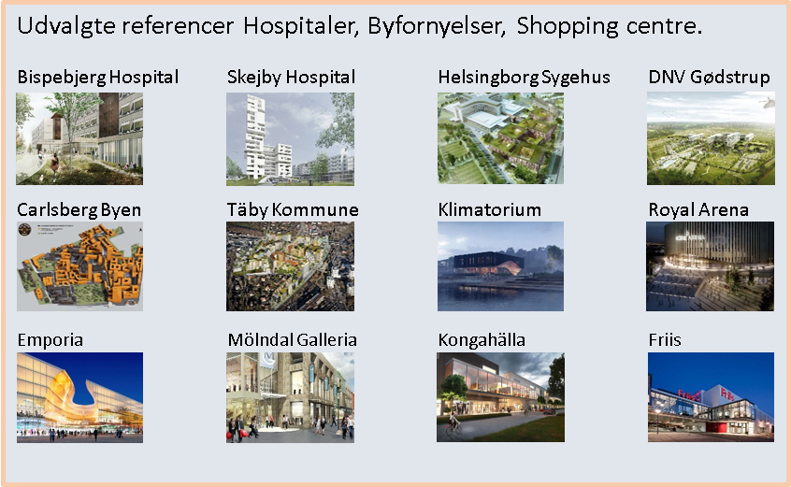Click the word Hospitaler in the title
coord(301,25)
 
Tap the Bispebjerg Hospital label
coord(98,78)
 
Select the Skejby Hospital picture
coord(290,139)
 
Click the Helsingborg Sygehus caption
coord(525,78)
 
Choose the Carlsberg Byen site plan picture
coord(79,266)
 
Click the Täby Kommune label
coord(293,209)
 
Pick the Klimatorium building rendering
coord(500,266)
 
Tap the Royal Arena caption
coord(698,209)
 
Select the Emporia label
coord(50,340)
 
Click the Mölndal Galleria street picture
coord(290,397)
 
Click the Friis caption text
coord(665,340)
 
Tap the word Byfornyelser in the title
coord(437,26)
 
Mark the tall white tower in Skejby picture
coord(255,136)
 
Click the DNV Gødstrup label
coord(710,78)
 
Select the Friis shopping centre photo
coord(711,397)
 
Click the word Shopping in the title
coord(568,26)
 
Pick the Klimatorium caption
coord(489,209)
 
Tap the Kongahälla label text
coord(482,340)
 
